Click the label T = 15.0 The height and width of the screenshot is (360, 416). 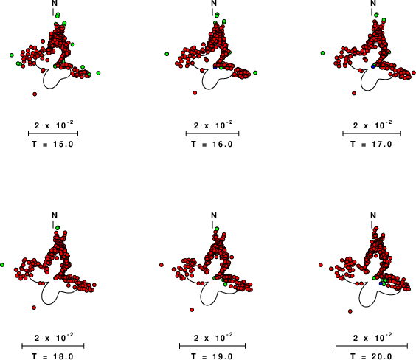pos(52,144)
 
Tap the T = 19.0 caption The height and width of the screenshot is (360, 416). pos(212,356)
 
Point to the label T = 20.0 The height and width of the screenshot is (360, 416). pos(371,356)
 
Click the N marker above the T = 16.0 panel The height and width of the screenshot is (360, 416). pos(214,3)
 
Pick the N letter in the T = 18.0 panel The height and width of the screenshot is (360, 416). pos(55,215)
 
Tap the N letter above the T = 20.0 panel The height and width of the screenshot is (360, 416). pos(373,215)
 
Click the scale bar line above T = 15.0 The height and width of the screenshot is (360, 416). pos(53,134)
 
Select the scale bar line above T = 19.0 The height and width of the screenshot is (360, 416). pos(212,346)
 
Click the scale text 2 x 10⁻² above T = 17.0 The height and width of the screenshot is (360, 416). pos(372,125)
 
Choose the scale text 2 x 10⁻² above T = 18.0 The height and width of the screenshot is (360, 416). pos(54,337)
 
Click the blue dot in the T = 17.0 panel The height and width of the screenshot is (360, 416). pos(373,66)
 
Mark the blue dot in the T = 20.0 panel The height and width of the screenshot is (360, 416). pos(381,283)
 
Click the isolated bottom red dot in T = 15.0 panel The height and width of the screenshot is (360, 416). pos(35,94)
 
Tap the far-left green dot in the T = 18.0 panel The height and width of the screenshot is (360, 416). pos(2,265)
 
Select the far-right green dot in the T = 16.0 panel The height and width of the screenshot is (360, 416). pos(255,72)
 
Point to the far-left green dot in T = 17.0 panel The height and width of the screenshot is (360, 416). pos(322,53)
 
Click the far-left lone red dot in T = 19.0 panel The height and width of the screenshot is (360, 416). pos(162,265)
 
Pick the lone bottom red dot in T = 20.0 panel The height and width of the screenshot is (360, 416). pos(350,311)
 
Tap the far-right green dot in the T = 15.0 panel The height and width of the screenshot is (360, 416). pos(98,73)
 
